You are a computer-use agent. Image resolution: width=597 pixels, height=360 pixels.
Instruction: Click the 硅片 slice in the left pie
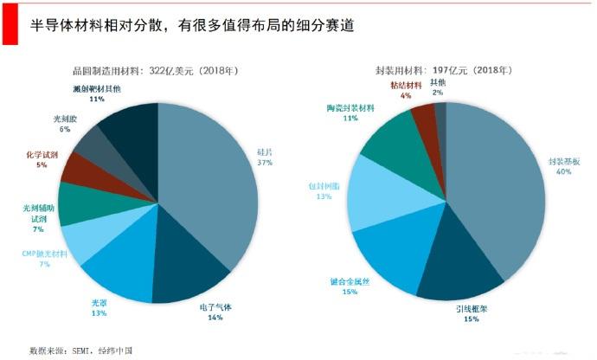coord(212,173)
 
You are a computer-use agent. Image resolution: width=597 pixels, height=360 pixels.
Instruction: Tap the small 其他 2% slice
coord(441,114)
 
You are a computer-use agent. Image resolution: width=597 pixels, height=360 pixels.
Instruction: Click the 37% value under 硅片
coord(265,162)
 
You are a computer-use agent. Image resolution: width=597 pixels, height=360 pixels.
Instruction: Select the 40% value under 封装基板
coord(563,171)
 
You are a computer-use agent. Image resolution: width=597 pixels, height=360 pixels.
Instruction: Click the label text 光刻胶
coord(57,119)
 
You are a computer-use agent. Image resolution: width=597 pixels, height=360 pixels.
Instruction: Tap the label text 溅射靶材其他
coord(97,88)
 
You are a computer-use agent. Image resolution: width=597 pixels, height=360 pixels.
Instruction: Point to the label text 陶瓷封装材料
coord(350,107)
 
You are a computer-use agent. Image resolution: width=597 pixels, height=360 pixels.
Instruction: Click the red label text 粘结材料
coord(406,86)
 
